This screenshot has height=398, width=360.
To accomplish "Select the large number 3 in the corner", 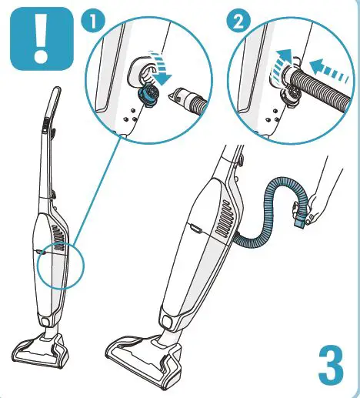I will point(330,367).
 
